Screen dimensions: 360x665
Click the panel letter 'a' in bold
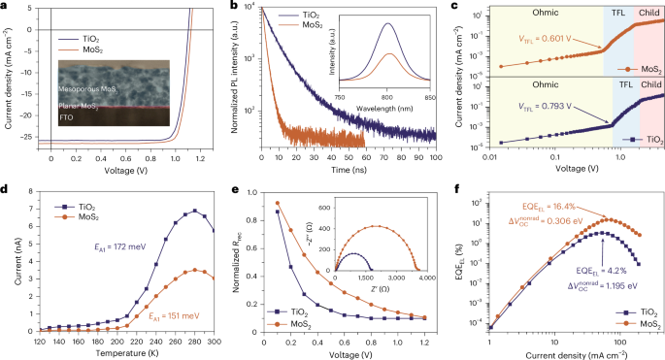tap(5, 6)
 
